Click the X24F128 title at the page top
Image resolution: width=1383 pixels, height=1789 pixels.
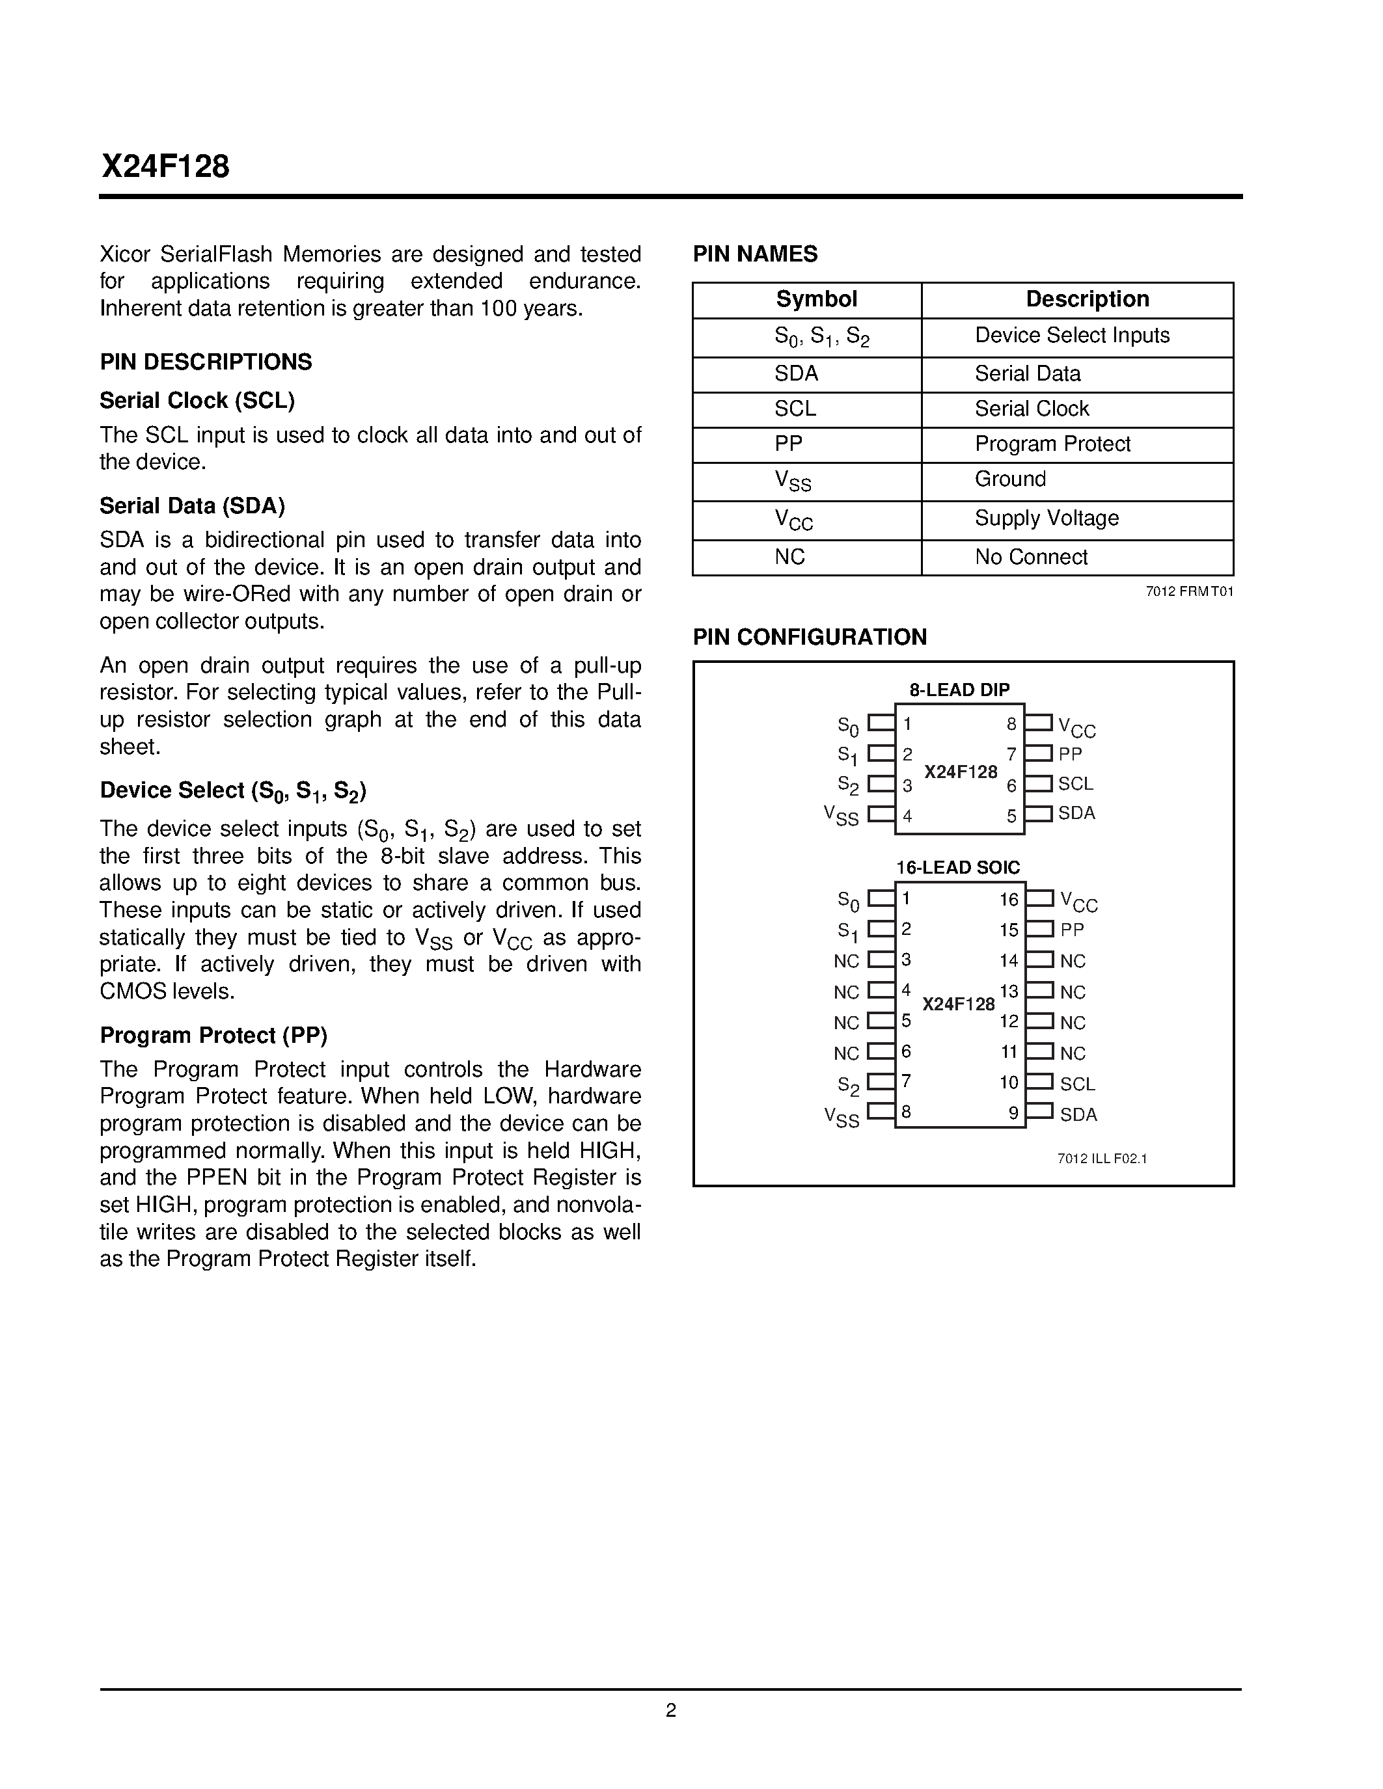point(165,167)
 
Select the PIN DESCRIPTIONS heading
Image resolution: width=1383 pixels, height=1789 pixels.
point(206,362)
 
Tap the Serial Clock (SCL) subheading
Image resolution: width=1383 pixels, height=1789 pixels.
point(197,401)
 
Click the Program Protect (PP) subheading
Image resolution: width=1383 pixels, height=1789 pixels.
point(213,1036)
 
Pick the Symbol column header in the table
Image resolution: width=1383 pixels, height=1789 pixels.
point(816,300)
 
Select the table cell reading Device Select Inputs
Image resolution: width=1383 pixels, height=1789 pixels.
point(1072,336)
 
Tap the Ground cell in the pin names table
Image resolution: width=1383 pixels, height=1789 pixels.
point(1009,479)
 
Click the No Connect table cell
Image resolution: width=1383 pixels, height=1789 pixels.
point(1031,557)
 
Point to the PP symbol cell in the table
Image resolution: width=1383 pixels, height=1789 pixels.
point(788,444)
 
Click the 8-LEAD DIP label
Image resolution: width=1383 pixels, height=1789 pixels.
point(959,690)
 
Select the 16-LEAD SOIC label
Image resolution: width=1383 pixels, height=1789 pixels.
point(958,867)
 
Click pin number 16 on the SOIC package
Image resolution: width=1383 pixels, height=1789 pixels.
point(1009,900)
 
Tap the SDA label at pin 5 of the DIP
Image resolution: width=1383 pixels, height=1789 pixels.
point(1076,813)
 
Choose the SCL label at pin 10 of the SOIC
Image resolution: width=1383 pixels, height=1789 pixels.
point(1076,1084)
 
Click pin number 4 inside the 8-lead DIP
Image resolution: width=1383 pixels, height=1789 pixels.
point(907,816)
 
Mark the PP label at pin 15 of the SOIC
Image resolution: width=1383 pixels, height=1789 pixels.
point(1072,930)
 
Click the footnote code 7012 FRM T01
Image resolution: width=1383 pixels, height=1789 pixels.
point(1189,592)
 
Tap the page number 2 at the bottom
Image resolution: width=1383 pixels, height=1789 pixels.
point(670,1710)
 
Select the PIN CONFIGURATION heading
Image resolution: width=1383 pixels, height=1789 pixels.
point(810,638)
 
